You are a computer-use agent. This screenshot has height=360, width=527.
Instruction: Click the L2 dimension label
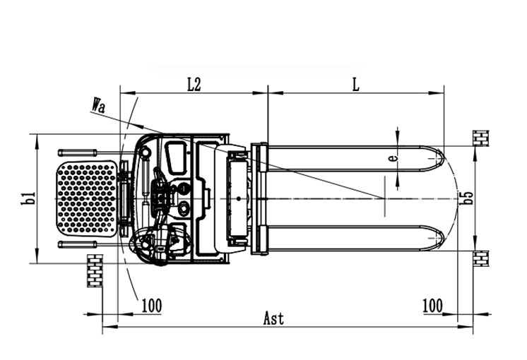[194, 84]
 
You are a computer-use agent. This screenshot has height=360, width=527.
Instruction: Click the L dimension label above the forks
[356, 84]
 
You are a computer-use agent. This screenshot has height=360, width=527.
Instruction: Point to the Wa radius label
[99, 107]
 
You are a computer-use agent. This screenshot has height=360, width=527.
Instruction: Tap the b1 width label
[28, 198]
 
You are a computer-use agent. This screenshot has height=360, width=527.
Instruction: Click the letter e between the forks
[393, 158]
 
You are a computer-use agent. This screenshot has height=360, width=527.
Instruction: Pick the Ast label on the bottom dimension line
[273, 318]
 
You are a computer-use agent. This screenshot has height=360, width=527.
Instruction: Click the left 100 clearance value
[152, 306]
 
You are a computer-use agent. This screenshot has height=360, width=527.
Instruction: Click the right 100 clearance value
[432, 306]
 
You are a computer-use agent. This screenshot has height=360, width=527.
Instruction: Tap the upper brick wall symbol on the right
[481, 138]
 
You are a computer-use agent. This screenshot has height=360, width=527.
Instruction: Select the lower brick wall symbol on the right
[481, 258]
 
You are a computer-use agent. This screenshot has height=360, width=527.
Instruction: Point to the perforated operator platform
[86, 198]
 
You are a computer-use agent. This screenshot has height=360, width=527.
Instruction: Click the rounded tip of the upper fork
[437, 157]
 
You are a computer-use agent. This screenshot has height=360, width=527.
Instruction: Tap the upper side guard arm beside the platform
[77, 153]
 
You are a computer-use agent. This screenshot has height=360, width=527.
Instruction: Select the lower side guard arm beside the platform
[77, 244]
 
